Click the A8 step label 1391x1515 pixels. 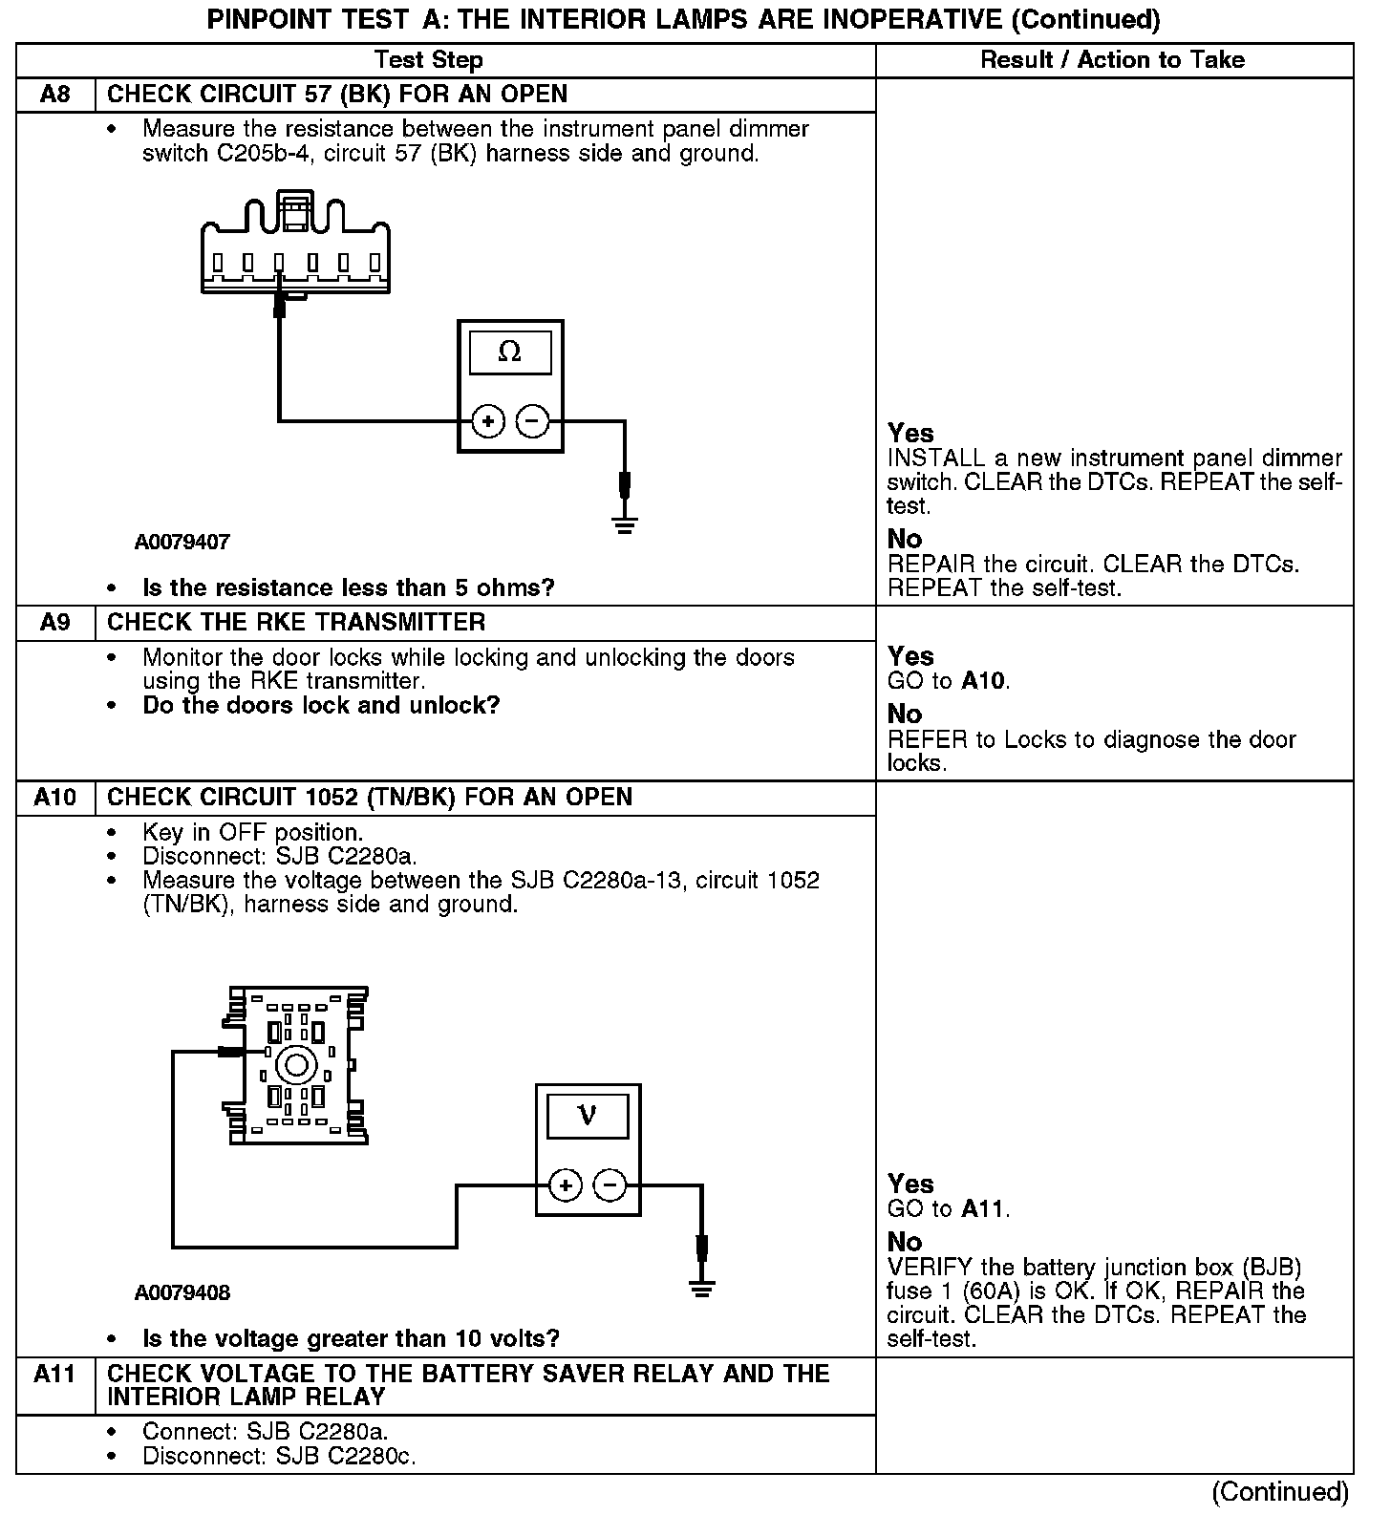55,95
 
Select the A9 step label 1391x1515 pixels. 55,623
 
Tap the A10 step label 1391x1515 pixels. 55,798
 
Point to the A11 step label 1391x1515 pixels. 55,1374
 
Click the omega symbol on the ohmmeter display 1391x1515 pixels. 510,352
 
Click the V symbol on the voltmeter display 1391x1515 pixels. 588,1115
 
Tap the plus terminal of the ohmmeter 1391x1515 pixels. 488,420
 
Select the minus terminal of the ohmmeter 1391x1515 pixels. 533,420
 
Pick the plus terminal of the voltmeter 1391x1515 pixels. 566,1185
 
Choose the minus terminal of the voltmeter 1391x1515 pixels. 610,1185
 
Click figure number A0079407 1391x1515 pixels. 182,543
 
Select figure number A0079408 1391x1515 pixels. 182,1293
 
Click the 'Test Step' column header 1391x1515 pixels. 429,60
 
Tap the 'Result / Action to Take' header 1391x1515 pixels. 1113,60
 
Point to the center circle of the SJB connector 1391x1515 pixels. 296,1064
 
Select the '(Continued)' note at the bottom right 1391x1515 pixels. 1280,1492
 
